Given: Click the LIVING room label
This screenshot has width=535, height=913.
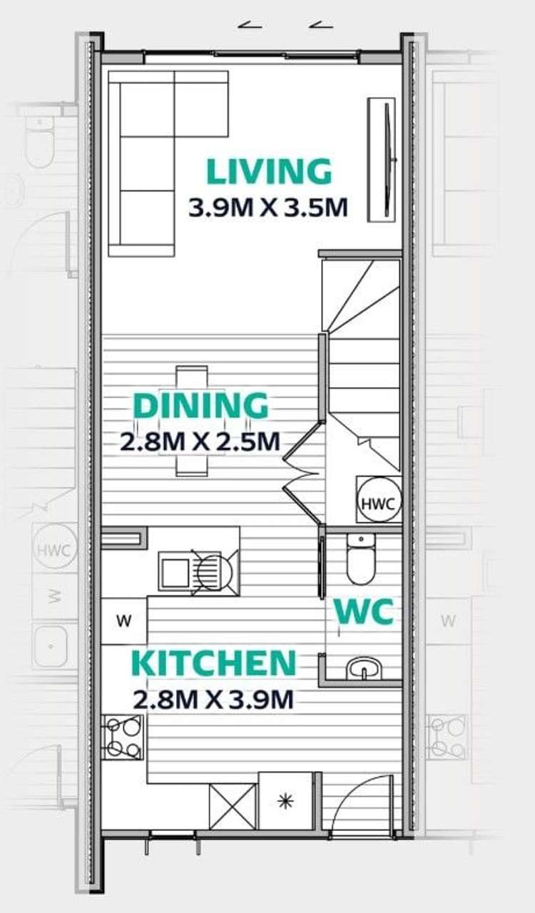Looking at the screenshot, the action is click(269, 172).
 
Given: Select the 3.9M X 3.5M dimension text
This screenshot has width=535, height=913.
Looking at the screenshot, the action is click(268, 208).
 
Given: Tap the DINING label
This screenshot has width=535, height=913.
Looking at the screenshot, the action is click(201, 406).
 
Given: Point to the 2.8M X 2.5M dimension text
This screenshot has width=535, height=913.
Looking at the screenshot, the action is click(200, 441).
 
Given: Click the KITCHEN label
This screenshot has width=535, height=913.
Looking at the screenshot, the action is click(214, 663).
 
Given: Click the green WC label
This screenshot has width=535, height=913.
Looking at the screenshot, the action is click(364, 611).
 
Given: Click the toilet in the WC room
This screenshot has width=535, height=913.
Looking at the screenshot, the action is click(361, 558).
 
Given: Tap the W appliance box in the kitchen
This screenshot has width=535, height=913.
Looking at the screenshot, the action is click(124, 621).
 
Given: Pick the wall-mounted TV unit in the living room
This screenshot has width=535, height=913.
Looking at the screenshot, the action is click(382, 160).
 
